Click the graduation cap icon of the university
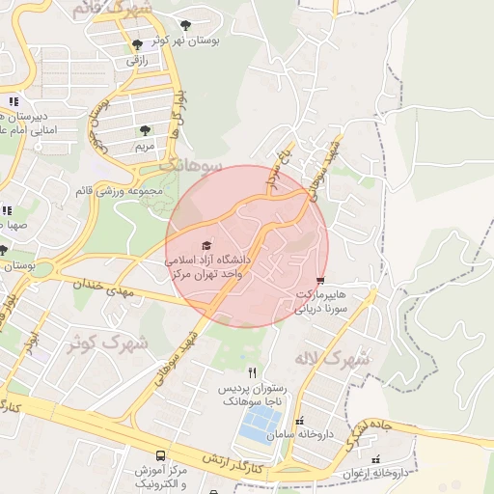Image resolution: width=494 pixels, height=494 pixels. (205, 247)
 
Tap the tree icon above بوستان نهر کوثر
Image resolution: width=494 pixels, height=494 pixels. (185, 25)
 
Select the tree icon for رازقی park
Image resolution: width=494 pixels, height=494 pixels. (137, 44)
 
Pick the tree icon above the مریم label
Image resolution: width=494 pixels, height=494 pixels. (145, 129)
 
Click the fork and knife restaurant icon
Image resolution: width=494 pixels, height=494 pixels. (253, 372)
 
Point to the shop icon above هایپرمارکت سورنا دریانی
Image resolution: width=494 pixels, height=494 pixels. (320, 280)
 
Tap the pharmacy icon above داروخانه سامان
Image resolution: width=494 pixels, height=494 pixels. (299, 422)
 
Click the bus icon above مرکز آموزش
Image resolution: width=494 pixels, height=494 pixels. (160, 455)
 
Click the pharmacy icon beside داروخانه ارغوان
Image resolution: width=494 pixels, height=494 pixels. (376, 459)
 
